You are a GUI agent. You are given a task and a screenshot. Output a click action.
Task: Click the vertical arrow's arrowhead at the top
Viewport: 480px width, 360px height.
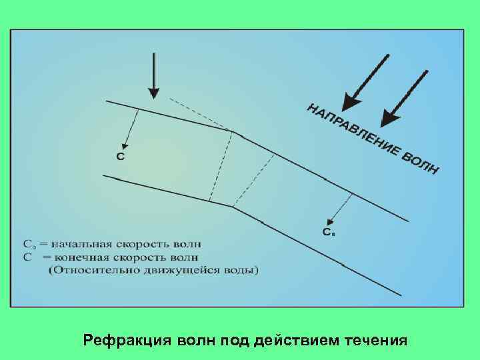[x=154, y=91]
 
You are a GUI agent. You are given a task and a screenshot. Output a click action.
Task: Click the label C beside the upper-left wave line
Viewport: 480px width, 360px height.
[x=120, y=157]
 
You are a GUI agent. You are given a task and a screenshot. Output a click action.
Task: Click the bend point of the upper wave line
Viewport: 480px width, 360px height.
[x=233, y=131]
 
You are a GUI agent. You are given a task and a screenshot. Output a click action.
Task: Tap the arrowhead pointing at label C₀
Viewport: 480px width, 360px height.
[x=329, y=221]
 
